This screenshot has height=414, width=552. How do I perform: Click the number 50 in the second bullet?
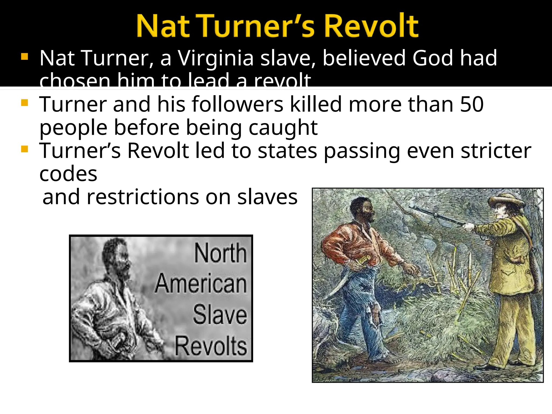pyautogui.click(x=472, y=104)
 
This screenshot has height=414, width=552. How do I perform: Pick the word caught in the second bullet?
pyautogui.click(x=283, y=128)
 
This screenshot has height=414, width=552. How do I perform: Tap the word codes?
pyautogui.click(x=68, y=174)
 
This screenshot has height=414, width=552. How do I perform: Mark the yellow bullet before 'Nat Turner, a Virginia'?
pyautogui.click(x=25, y=57)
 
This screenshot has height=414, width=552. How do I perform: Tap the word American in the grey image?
pyautogui.click(x=201, y=284)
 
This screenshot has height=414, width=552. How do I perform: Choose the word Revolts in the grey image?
pyautogui.click(x=211, y=346)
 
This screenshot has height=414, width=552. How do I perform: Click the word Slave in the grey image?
pyautogui.click(x=220, y=315)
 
